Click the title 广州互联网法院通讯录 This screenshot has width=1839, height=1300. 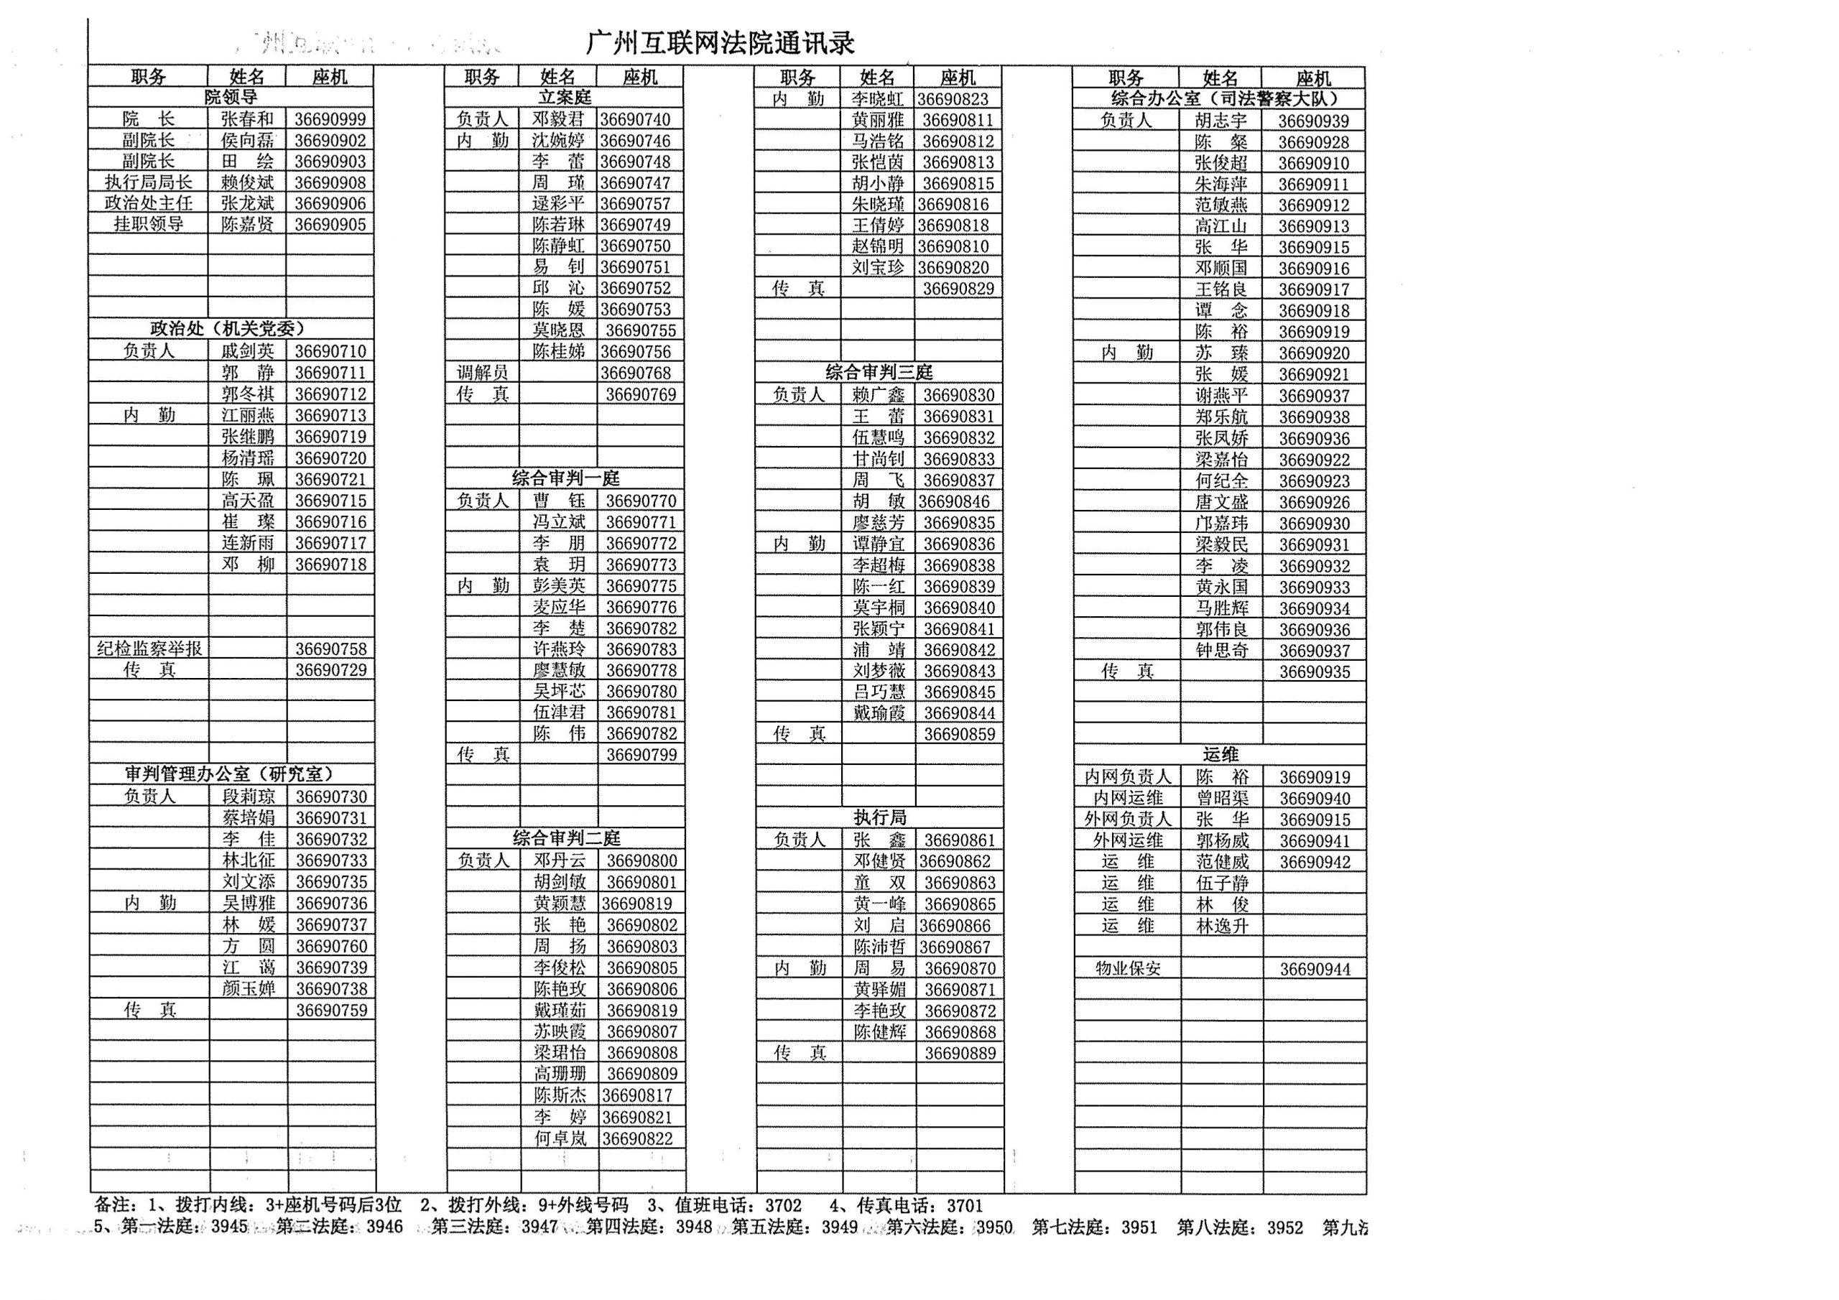pos(720,43)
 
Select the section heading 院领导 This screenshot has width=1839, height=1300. pos(231,98)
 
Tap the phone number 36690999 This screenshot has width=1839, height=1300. pos(329,119)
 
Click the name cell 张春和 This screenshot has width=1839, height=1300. pos(248,119)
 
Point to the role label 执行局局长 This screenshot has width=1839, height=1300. pos(148,182)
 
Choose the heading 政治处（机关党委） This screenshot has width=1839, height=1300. pos(228,329)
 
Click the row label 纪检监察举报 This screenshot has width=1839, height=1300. pos(149,649)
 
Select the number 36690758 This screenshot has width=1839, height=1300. pos(330,649)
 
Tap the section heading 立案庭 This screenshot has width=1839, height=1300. pos(565,98)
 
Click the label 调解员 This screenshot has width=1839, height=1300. pos(482,373)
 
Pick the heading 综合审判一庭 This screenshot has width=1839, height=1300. pos(565,479)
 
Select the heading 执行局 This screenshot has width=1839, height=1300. pos(879,818)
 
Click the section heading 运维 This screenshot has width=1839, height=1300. pos(1220,755)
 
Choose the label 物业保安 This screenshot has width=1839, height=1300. pos(1128,968)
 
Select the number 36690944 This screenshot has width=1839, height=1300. pos(1315,969)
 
